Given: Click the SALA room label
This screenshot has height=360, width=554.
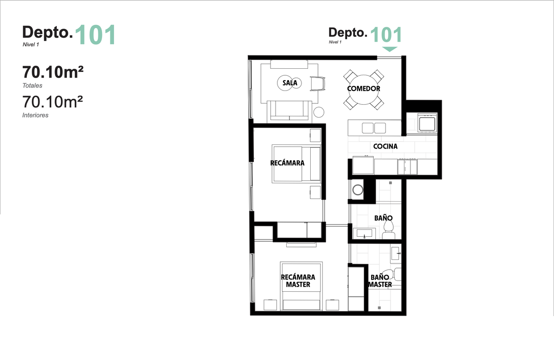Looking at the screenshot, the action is (x=290, y=83).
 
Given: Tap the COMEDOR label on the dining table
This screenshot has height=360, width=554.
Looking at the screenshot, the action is (x=364, y=89).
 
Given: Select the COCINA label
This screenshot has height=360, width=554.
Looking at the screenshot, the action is (x=385, y=146).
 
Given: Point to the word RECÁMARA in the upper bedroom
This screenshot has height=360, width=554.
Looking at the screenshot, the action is (x=287, y=163).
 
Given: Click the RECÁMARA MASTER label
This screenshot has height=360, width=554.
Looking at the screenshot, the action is (x=298, y=281).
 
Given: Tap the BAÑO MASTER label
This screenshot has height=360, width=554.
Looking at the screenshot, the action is (x=380, y=281).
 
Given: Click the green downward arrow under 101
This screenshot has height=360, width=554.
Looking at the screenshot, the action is (x=390, y=49).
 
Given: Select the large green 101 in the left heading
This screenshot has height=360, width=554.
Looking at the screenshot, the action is (x=96, y=35).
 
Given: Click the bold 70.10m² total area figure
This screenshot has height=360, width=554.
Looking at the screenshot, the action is (x=53, y=72).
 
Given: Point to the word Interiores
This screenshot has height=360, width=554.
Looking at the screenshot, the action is (x=36, y=115).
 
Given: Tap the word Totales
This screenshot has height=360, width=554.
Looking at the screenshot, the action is (x=32, y=85).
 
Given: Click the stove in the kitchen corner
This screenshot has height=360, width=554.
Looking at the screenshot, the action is (x=427, y=123).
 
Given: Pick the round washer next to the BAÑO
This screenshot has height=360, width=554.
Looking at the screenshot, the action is (x=358, y=190).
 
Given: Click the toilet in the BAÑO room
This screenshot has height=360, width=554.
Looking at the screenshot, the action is (x=389, y=230).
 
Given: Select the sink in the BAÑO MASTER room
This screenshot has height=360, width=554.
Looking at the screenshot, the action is (x=396, y=253).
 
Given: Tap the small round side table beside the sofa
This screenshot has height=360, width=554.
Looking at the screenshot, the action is (x=319, y=112).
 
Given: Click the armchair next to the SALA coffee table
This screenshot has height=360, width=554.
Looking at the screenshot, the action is (x=318, y=84).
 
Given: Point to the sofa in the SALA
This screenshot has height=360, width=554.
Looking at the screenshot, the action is (x=289, y=112).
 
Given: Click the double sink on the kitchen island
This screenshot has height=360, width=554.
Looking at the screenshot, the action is (x=373, y=128).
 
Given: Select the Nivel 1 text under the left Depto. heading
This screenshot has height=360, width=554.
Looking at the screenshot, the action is (x=31, y=45).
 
